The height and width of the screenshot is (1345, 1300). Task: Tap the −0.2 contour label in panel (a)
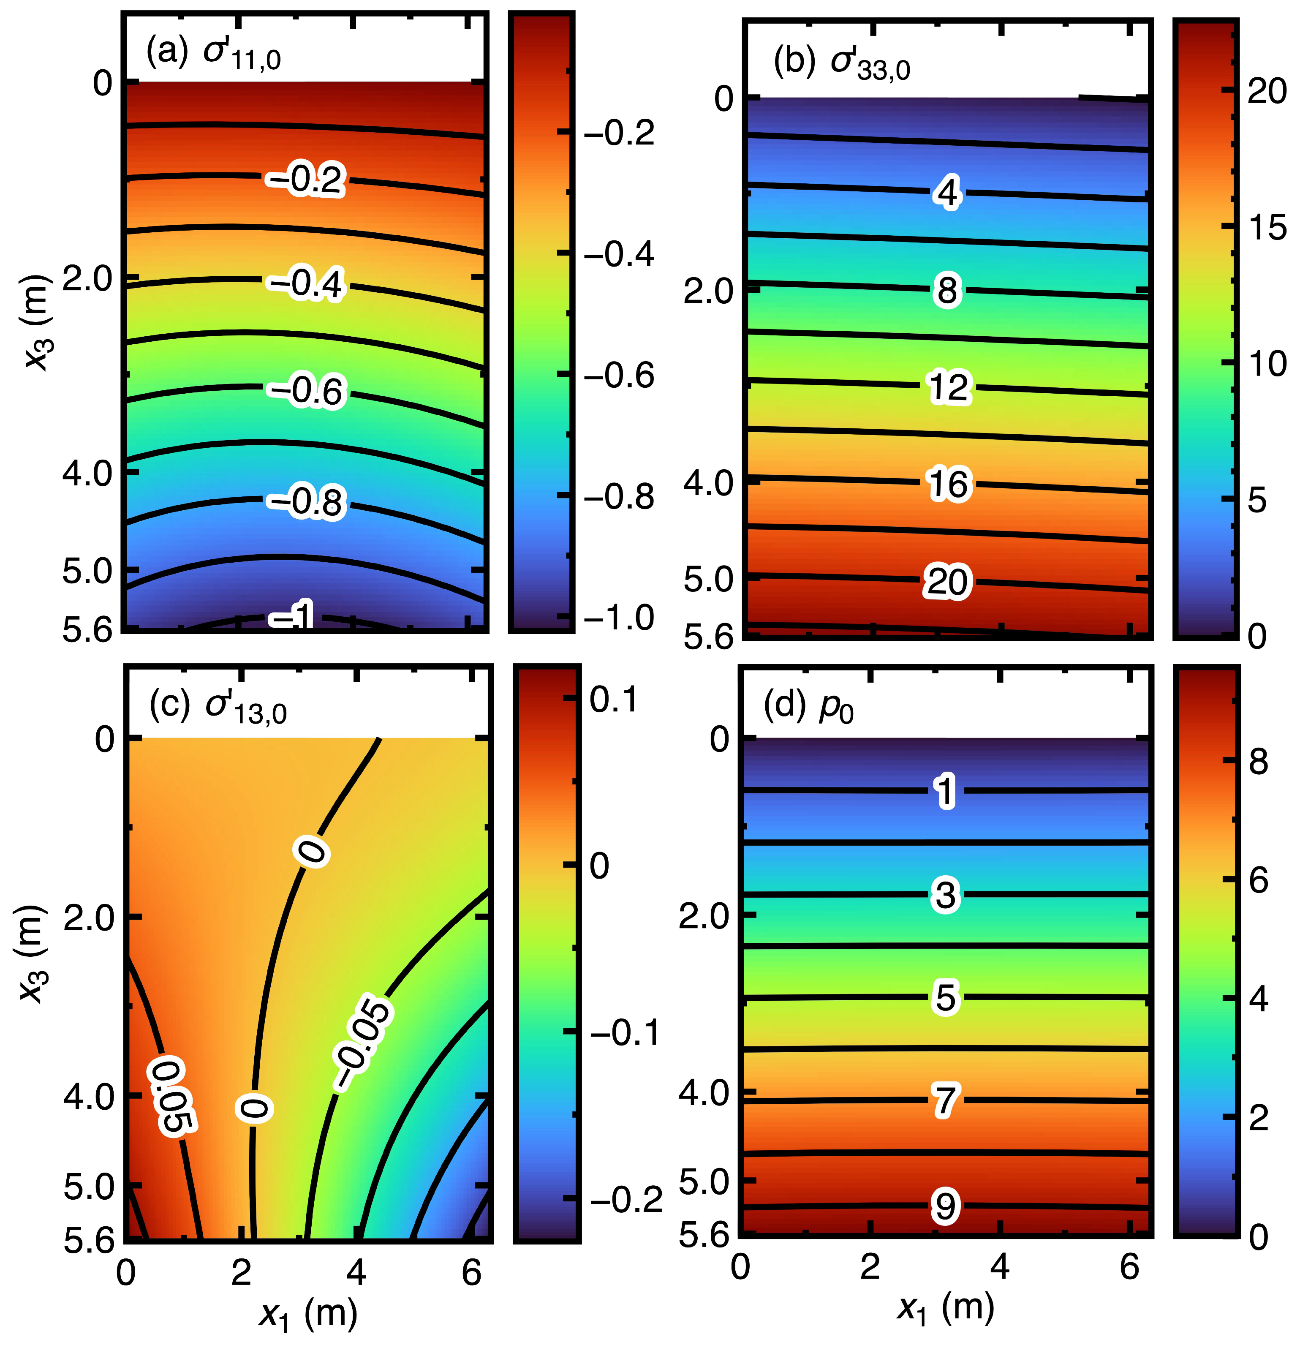(306, 180)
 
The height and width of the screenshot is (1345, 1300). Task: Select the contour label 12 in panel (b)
(949, 387)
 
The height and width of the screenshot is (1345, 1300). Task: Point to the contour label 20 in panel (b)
(947, 581)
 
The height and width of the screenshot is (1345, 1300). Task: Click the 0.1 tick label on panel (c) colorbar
(614, 699)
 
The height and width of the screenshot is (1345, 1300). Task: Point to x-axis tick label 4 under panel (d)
(1000, 1267)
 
